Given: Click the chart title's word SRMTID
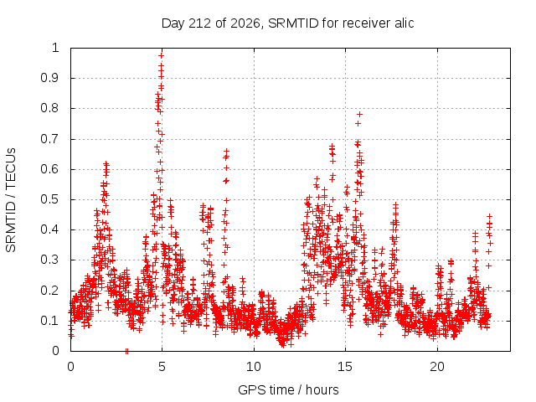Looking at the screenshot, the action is (x=293, y=23).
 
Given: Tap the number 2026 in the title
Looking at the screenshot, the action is (x=245, y=23).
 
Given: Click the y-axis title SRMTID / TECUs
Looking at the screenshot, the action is (x=11, y=200).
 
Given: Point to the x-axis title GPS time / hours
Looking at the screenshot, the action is (x=288, y=389).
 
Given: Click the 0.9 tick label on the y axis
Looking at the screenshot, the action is (x=50, y=78).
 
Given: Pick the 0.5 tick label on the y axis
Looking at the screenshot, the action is (x=50, y=199).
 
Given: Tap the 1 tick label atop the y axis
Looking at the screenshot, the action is (x=56, y=48).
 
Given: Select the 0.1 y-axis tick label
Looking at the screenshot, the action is (x=50, y=321).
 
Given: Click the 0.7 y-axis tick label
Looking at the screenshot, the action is (x=50, y=139).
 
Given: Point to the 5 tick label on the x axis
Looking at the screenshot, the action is (x=162, y=367).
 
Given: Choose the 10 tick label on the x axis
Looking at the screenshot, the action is (x=254, y=367).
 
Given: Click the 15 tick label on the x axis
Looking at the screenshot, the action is (x=345, y=367).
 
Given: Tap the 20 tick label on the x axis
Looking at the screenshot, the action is (x=437, y=367).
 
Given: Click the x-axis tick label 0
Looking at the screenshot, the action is (x=70, y=367).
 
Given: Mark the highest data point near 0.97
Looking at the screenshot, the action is (x=162, y=55).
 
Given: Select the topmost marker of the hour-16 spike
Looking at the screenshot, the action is (x=359, y=114).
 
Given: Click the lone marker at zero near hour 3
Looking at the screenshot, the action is (x=126, y=351).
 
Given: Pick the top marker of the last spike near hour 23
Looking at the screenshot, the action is (x=489, y=216).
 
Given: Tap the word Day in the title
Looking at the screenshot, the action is (x=173, y=23).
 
